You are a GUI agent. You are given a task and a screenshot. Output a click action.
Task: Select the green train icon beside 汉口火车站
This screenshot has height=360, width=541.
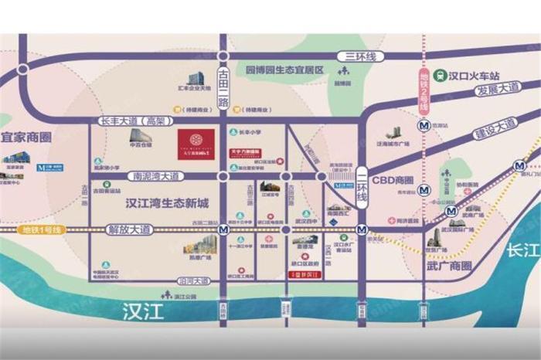pos(441,75)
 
